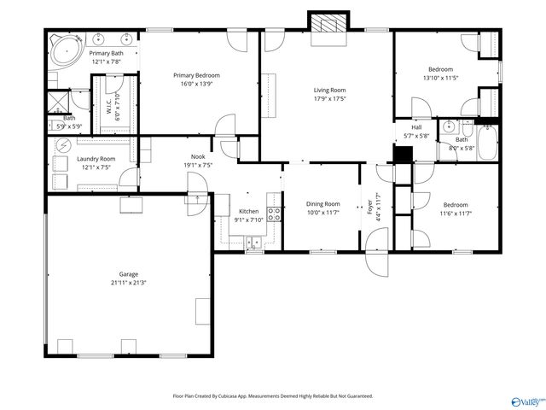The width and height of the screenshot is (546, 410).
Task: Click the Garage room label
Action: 129,274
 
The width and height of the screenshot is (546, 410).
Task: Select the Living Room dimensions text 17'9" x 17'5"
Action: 328,97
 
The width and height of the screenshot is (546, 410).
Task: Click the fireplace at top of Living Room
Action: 328,25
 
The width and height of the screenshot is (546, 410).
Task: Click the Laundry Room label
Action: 96,159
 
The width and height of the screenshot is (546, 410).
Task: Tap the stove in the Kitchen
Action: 274,214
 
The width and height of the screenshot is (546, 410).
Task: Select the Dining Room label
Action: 323,204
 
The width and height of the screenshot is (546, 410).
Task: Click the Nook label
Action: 197,156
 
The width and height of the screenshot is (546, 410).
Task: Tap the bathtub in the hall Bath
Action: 486,143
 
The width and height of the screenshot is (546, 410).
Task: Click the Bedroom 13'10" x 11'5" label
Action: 440,69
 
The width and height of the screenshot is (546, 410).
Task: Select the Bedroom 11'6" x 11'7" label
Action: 455,204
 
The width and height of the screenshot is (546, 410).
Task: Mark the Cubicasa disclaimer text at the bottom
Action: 273,395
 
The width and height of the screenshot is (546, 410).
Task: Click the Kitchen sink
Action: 254,243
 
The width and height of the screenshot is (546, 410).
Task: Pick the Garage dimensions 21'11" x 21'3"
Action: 129,283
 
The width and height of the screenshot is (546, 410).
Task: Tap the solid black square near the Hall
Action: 404,154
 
